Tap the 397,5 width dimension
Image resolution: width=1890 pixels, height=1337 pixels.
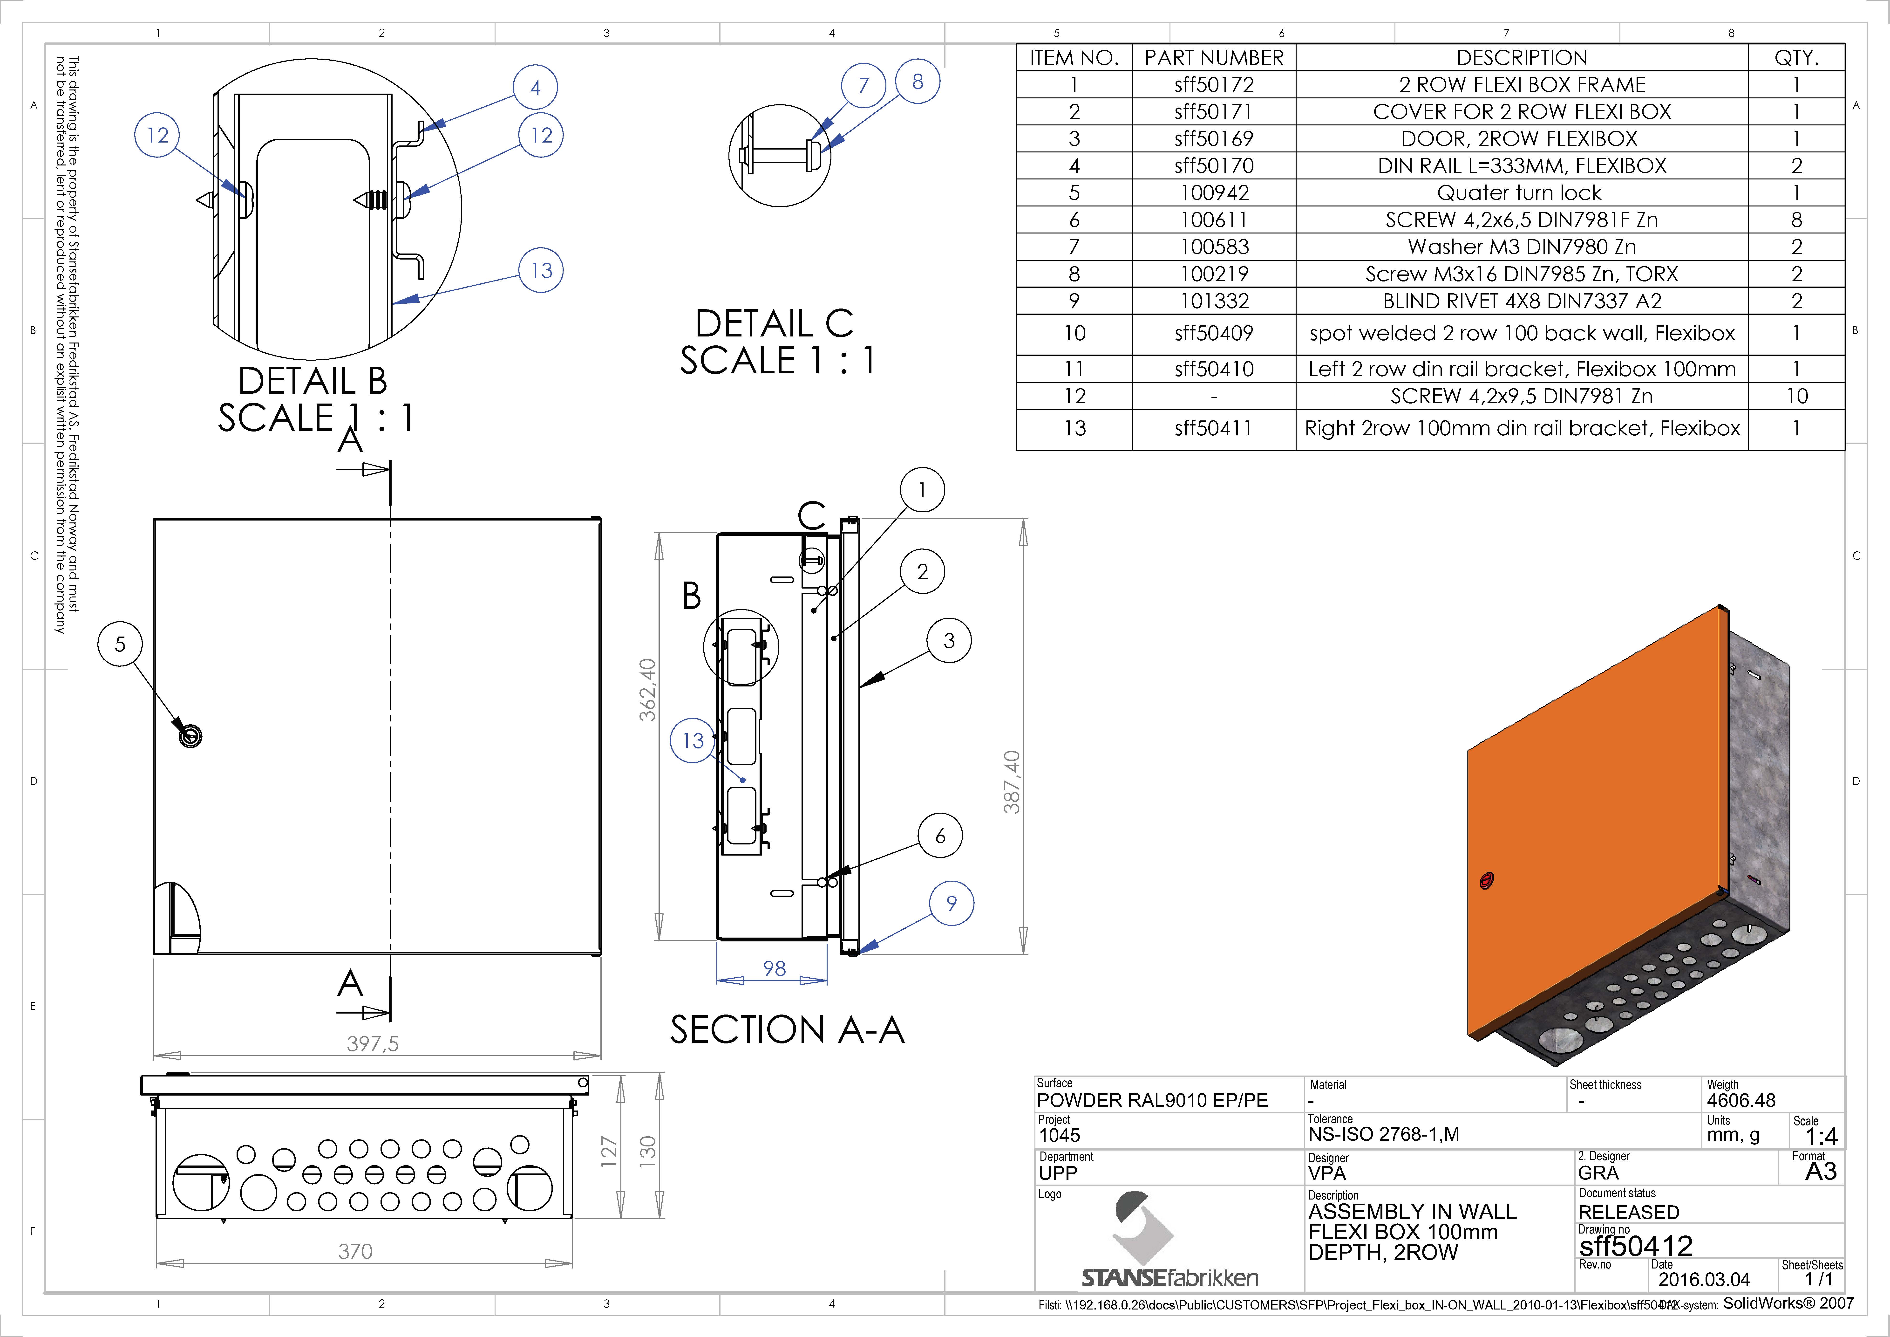[372, 1044]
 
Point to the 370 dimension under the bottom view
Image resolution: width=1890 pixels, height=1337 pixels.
[356, 1251]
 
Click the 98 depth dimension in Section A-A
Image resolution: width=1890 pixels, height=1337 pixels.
[774, 968]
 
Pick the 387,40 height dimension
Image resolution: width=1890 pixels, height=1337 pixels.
[1012, 782]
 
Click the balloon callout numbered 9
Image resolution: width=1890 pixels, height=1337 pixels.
[952, 903]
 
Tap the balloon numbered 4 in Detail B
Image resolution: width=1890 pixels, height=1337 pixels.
[535, 87]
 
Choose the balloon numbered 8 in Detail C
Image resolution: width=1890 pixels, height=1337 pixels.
[918, 82]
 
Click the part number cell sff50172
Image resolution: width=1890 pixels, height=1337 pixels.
[1214, 85]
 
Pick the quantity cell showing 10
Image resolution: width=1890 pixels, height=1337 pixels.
[1796, 396]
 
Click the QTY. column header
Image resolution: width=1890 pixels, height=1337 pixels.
[1796, 58]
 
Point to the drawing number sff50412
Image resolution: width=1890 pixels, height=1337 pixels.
[1636, 1246]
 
